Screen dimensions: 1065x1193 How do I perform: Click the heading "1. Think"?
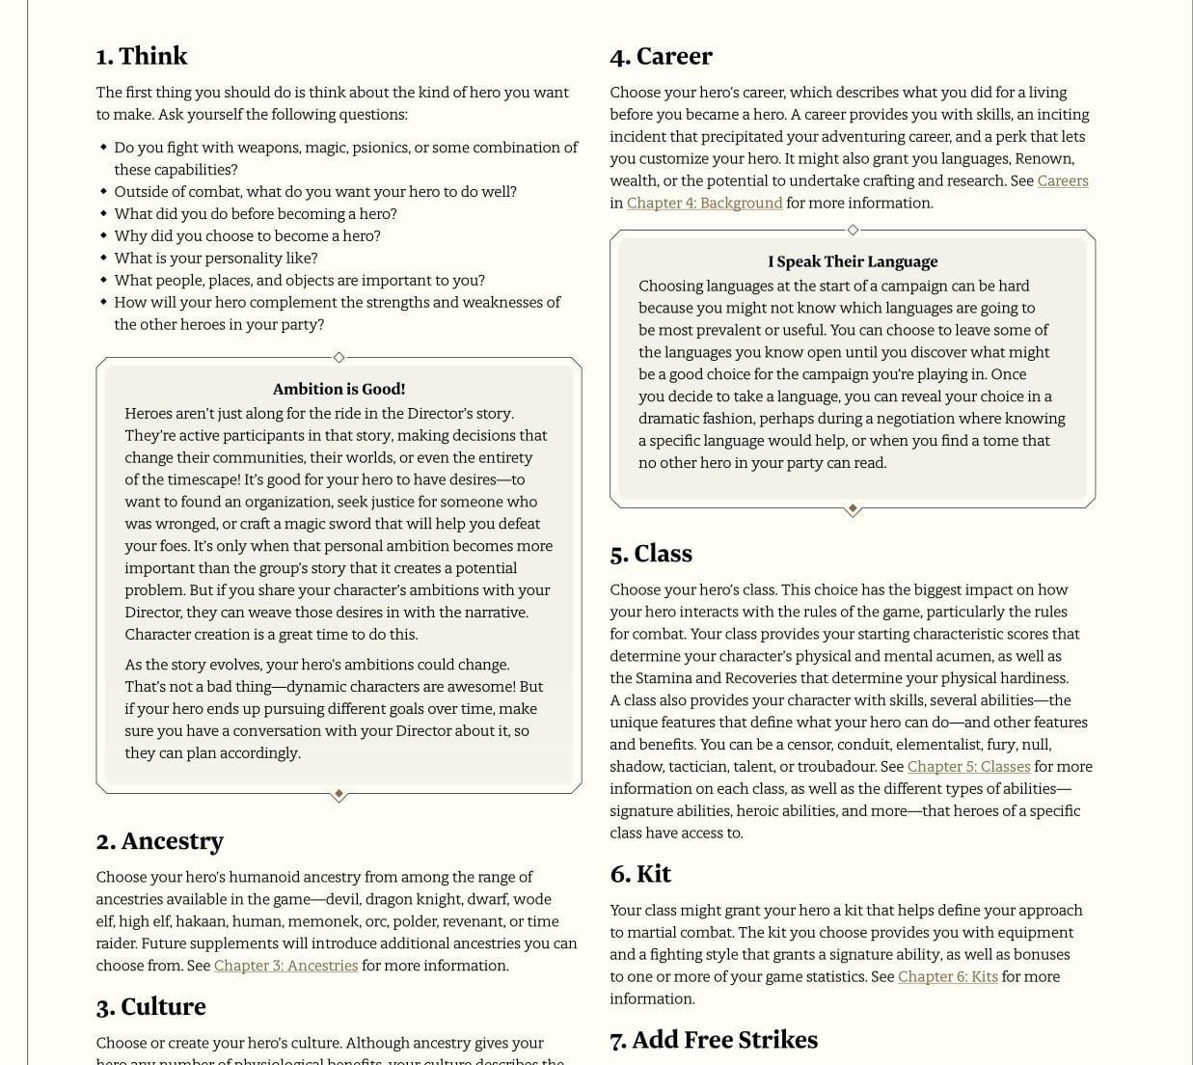tap(142, 56)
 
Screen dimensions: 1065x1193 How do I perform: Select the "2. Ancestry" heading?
tap(160, 841)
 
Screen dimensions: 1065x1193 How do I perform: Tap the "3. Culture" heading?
tap(150, 1006)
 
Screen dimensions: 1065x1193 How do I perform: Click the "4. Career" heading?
tap(661, 56)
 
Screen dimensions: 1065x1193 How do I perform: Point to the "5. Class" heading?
tap(651, 554)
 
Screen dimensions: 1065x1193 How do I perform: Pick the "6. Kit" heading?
tap(640, 874)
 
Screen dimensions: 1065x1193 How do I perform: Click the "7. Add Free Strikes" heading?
tap(714, 1039)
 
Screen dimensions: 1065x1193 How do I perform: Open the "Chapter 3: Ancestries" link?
tap(285, 966)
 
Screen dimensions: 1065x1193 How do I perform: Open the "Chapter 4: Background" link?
tap(704, 203)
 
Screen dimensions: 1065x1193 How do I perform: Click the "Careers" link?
tap(1063, 180)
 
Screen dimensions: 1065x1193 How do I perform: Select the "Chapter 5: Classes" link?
tap(968, 766)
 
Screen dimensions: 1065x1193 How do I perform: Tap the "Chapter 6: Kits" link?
tap(947, 976)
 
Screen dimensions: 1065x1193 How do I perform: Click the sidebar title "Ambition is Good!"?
tap(339, 389)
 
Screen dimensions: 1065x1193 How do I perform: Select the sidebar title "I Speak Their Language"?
tap(853, 261)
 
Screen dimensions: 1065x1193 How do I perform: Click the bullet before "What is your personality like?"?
tap(103, 258)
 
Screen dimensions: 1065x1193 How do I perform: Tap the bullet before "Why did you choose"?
tap(103, 235)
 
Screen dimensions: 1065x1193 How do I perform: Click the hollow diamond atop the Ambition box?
tap(339, 358)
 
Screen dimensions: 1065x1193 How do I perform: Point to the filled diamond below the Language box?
tap(853, 508)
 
